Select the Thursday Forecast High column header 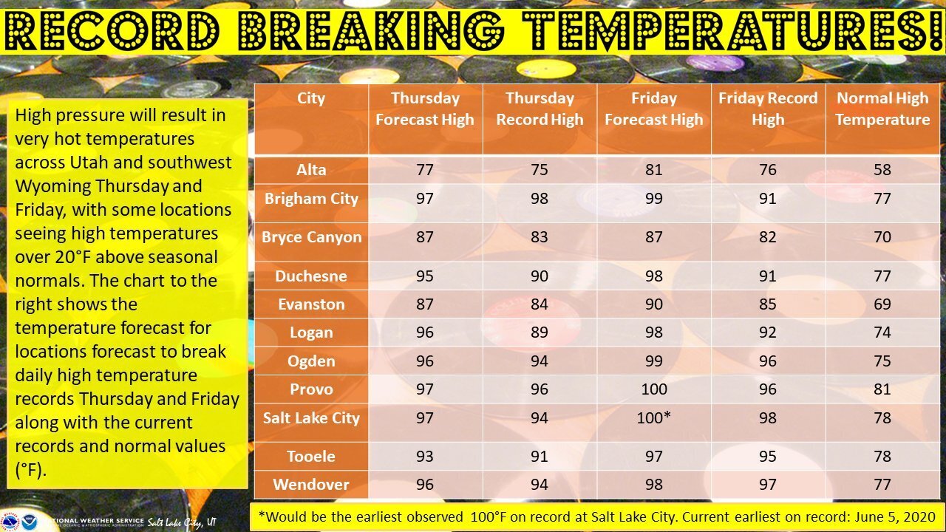[425, 109]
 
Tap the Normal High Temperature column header [882, 109]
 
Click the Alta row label [311, 170]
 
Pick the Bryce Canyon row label [312, 237]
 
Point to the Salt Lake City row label [312, 418]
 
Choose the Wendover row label [311, 484]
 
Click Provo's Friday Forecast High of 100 [654, 389]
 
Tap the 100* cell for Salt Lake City [654, 417]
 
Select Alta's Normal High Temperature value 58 [882, 170]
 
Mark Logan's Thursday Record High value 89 [540, 332]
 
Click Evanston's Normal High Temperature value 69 [882, 304]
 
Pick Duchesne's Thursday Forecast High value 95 [425, 276]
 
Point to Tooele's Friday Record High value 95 [768, 457]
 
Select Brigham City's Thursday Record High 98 [540, 199]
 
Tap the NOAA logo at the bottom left [30, 522]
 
